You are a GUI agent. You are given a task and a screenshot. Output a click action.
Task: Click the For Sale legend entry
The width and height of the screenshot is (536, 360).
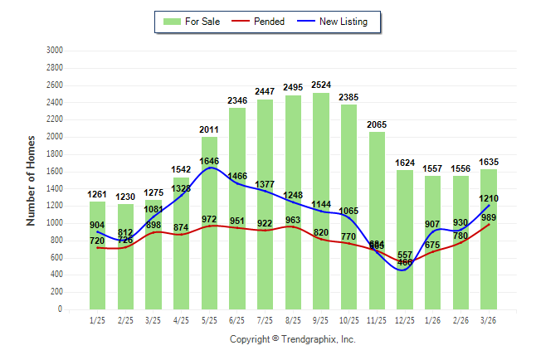(192, 22)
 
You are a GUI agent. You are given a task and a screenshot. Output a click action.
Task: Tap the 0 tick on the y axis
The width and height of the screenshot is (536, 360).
(59, 309)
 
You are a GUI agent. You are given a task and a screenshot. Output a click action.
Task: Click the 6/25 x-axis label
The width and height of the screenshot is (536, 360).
(237, 320)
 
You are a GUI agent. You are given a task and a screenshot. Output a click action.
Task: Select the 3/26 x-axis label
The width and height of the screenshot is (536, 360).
(488, 320)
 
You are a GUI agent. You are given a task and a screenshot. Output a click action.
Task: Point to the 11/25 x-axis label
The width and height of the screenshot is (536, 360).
(377, 320)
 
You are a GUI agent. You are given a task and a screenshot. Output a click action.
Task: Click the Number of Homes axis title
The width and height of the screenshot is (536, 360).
(31, 180)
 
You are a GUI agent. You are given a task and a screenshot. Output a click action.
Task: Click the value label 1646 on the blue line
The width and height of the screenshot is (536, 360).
(210, 160)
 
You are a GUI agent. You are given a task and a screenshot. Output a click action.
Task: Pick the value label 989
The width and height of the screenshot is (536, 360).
(489, 217)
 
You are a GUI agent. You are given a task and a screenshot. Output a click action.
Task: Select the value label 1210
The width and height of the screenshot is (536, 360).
(489, 199)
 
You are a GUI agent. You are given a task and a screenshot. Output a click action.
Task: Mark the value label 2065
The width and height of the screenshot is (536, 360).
(378, 124)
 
